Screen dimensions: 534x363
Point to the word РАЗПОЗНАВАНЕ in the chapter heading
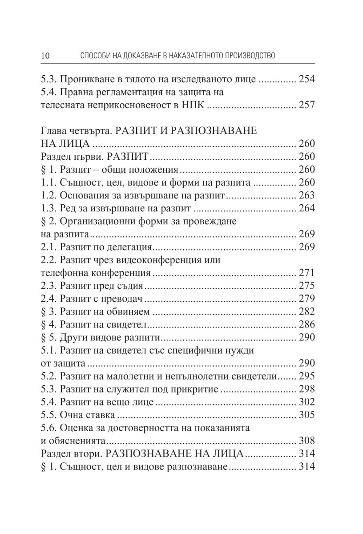click(214, 131)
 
